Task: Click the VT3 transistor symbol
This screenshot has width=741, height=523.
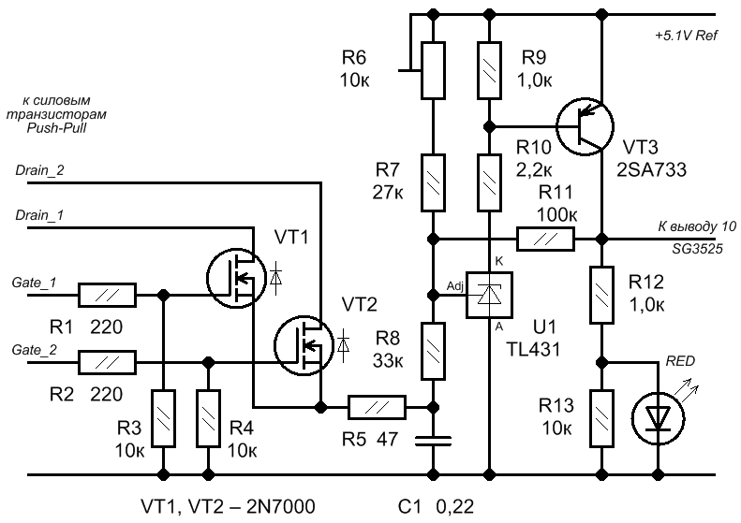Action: [585, 126]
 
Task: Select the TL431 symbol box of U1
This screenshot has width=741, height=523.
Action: [490, 295]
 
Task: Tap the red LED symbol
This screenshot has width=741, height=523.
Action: [659, 418]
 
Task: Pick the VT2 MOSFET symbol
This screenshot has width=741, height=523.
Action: [304, 346]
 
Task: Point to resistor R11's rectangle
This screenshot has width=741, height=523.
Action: [546, 239]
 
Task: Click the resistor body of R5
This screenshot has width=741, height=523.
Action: [378, 407]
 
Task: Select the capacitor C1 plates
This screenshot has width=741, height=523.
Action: [433, 441]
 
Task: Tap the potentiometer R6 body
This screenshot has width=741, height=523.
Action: [433, 70]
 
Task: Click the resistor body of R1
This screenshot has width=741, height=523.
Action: [107, 295]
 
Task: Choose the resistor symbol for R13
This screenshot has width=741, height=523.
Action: [602, 418]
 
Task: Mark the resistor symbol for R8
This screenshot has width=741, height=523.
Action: [433, 351]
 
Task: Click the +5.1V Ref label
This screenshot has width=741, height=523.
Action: [686, 36]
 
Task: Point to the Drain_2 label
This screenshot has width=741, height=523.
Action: [39, 170]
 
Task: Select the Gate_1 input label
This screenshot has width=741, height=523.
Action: [34, 283]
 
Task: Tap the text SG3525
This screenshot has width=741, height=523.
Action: [698, 248]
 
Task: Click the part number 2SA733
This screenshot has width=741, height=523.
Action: [651, 170]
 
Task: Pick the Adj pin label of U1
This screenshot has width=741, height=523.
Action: [455, 286]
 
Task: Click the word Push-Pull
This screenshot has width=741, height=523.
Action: [57, 128]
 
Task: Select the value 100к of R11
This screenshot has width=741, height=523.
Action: [556, 215]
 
